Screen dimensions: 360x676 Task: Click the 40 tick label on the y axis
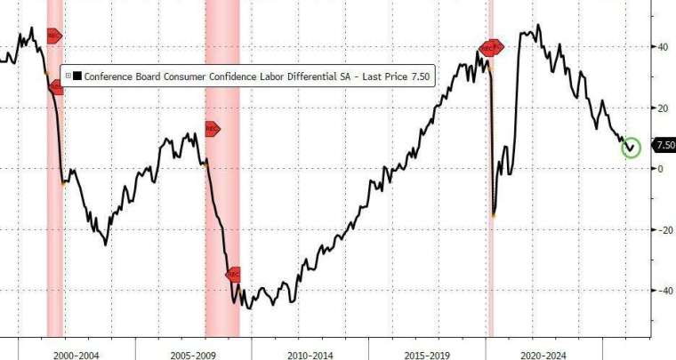point(663,46)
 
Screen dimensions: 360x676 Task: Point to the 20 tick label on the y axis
point(663,108)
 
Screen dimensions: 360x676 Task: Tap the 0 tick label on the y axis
point(660,169)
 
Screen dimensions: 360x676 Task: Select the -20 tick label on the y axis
point(664,229)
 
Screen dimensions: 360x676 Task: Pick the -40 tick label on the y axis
point(664,291)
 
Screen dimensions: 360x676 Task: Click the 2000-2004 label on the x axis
point(76,356)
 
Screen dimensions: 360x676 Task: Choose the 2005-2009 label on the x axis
point(193,356)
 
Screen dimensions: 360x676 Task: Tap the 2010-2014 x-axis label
point(310,356)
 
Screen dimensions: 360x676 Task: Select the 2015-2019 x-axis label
point(427,356)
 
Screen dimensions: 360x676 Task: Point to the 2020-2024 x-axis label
point(544,356)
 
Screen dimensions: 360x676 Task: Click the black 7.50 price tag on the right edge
point(664,144)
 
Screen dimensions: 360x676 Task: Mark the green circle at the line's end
point(631,147)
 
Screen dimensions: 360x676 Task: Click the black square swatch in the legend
point(77,76)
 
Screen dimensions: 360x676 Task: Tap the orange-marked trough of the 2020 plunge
point(494,214)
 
